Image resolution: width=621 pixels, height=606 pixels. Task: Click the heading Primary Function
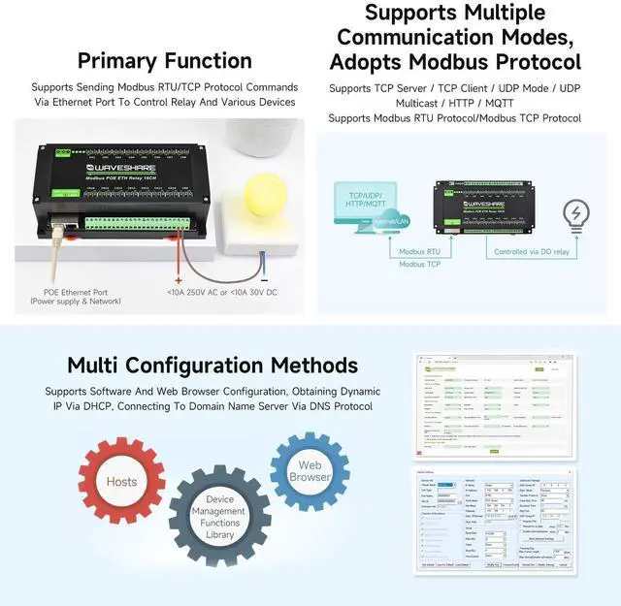coord(164,60)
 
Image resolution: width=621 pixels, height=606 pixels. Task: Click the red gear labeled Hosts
coord(122,482)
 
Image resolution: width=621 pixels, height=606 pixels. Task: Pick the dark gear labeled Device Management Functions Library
coord(219,516)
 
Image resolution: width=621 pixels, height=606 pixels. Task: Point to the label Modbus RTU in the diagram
coord(420,250)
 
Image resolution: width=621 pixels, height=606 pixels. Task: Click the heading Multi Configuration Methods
coord(212,366)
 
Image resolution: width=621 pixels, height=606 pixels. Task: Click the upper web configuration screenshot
coord(489,403)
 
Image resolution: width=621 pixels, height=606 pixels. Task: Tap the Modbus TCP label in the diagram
coord(420,264)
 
